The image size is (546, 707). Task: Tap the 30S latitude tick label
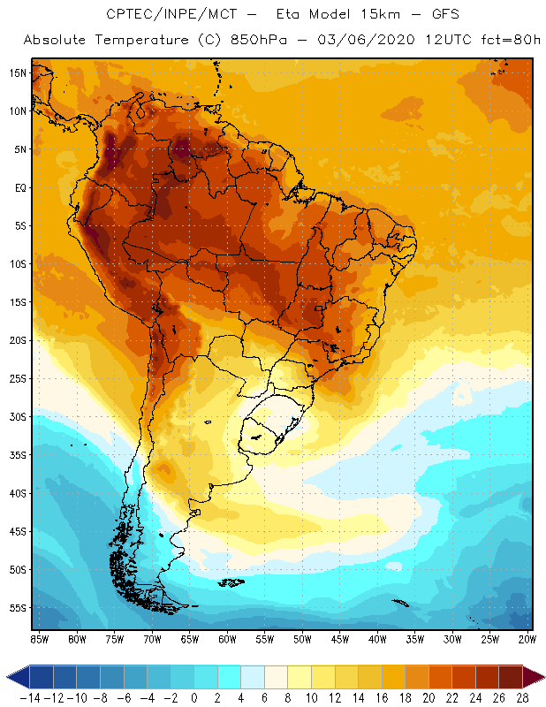pyautogui.click(x=19, y=416)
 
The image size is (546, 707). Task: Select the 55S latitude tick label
pyautogui.click(x=19, y=608)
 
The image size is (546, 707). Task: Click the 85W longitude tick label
pyautogui.click(x=39, y=639)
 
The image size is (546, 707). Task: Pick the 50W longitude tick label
pyautogui.click(x=302, y=639)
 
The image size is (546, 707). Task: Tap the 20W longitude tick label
pyautogui.click(x=528, y=639)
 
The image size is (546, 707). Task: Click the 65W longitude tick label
pyautogui.click(x=189, y=639)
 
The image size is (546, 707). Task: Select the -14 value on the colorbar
pyautogui.click(x=29, y=698)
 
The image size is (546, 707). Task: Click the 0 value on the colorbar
pyautogui.click(x=193, y=698)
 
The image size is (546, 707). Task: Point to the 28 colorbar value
pyautogui.click(x=522, y=698)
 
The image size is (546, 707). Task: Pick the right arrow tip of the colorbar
pyautogui.click(x=541, y=678)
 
